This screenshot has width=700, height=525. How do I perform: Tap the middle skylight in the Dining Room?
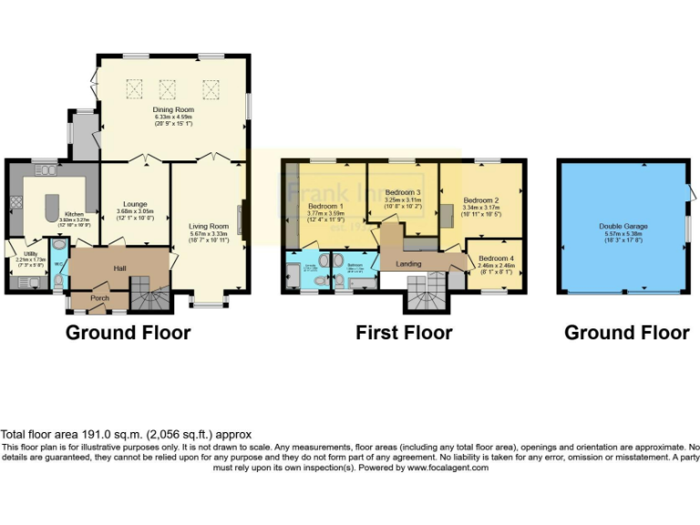click(168, 88)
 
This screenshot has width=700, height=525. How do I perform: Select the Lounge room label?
click(135, 204)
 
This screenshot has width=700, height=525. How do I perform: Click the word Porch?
click(98, 298)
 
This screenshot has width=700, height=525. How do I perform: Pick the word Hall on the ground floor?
click(118, 268)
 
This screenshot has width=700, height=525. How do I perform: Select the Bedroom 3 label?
click(402, 193)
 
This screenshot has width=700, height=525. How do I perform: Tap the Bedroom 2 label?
click(481, 200)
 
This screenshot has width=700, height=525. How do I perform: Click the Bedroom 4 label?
click(496, 258)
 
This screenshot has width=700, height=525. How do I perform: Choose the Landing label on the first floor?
click(408, 264)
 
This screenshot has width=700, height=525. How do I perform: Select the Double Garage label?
click(623, 225)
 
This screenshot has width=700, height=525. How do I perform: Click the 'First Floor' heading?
click(403, 333)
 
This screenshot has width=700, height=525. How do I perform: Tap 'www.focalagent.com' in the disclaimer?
click(448, 467)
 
